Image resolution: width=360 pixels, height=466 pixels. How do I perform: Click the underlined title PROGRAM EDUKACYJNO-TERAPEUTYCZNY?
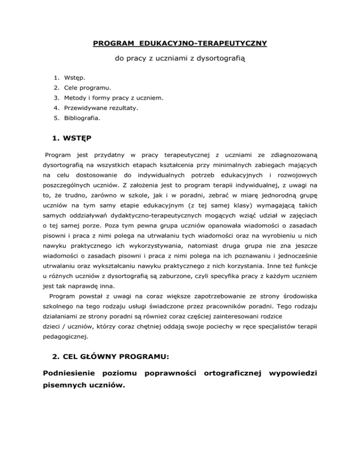coord(180,44)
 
